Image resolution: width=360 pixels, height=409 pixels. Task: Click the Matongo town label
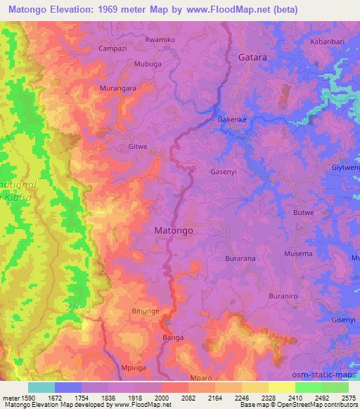pyautogui.click(x=173, y=229)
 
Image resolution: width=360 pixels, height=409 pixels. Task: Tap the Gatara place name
pyautogui.click(x=252, y=56)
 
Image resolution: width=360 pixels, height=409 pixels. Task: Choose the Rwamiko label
pyautogui.click(x=160, y=40)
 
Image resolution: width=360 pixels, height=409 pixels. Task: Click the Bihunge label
pyautogui.click(x=146, y=310)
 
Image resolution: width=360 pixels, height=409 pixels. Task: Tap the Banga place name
pyautogui.click(x=173, y=337)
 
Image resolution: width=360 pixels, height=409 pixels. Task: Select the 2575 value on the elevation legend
pyautogui.click(x=346, y=397)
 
